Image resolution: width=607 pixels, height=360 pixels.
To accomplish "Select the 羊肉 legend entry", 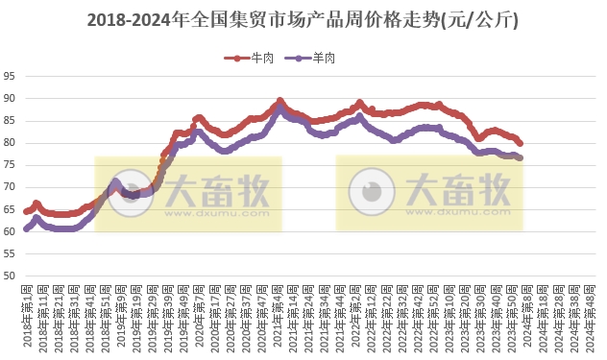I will click(318, 59).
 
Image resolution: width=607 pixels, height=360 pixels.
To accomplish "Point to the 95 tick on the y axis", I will click(10, 77).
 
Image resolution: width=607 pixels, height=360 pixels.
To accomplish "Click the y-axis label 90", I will click(10, 99).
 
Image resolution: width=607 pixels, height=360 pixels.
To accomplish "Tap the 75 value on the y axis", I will click(10, 165).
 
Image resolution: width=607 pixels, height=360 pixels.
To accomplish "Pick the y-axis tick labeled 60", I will click(10, 231).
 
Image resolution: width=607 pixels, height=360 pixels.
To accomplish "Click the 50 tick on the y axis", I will click(10, 276).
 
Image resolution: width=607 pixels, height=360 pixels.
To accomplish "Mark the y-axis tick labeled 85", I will click(10, 121).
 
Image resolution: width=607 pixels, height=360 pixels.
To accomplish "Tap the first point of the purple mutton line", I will click(26, 229).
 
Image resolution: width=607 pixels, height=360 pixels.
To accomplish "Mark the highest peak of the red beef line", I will click(279, 100).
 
